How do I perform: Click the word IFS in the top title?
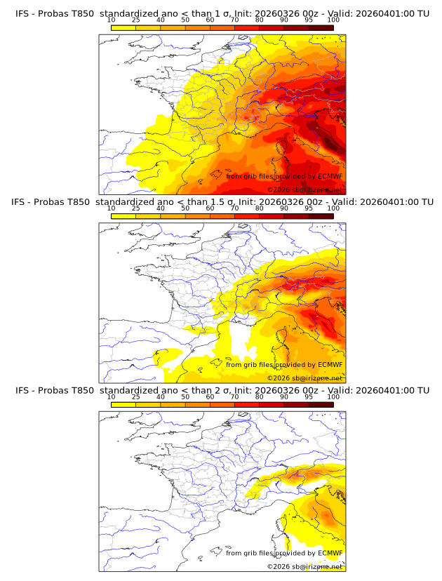(23, 13)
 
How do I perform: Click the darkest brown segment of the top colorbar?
(321, 27)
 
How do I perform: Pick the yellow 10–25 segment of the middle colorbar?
(123, 215)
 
